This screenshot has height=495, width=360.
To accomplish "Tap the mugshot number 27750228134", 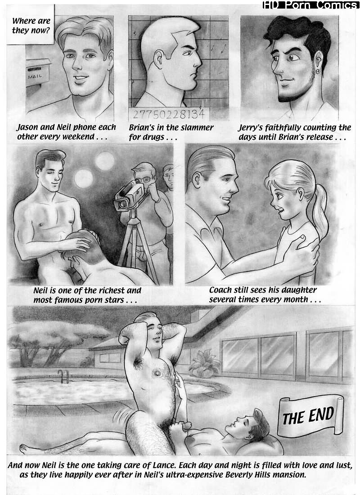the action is (168, 114).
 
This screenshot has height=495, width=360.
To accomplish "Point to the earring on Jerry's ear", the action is (317, 71).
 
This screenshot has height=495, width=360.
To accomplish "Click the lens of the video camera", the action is (119, 205).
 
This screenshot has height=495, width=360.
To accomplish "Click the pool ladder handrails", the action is (63, 376).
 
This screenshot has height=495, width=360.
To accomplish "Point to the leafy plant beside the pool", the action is (204, 363).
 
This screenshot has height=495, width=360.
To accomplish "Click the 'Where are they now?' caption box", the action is (31, 25).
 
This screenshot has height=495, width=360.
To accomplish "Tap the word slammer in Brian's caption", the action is (197, 128).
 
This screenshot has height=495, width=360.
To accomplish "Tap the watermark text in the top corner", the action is (310, 5).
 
